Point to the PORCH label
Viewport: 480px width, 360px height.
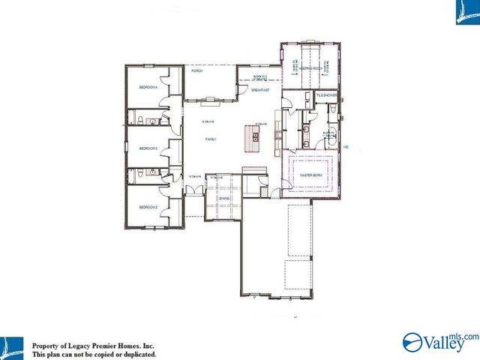click(x=197, y=71)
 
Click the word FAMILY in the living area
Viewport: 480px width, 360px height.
click(x=212, y=139)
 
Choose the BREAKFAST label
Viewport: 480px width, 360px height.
click(x=259, y=89)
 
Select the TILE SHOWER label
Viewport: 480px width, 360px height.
click(x=325, y=96)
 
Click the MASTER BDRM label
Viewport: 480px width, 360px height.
click(x=310, y=175)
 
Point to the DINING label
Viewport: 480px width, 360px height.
click(x=223, y=198)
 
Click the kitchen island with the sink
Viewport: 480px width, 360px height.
click(x=255, y=137)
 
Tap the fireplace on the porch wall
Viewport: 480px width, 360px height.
click(x=212, y=97)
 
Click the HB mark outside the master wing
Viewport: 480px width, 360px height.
click(x=346, y=147)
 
